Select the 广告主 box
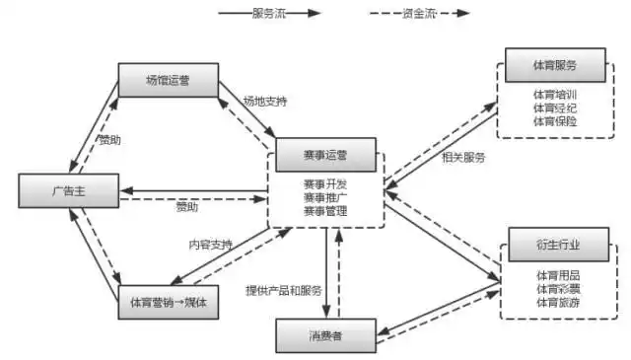coord(67,187)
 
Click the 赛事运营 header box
coord(324,155)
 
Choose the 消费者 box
coord(324,336)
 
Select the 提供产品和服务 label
coord(284,291)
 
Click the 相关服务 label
coord(462,157)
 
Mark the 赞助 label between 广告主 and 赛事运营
coord(187,207)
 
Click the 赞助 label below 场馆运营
coord(110,141)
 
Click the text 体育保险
coord(554,120)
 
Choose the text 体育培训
coord(554,93)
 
